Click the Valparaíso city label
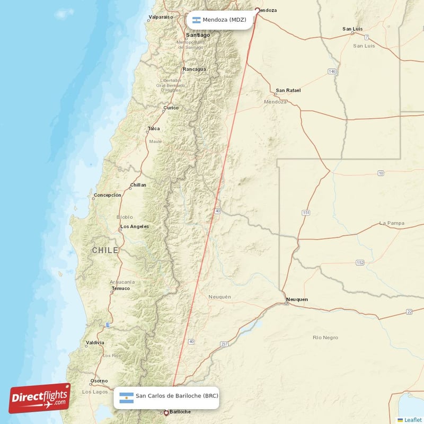click(161, 17)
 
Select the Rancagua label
click(194, 69)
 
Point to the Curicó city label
click(171, 108)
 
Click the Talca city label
click(154, 129)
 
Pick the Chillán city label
click(138, 185)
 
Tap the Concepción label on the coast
click(108, 195)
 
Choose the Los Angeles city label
click(135, 227)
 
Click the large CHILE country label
click(105, 250)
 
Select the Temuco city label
click(120, 288)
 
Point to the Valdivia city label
click(94, 343)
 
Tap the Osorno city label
click(99, 381)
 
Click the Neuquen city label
click(297, 299)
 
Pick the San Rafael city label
click(288, 90)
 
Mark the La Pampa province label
click(392, 223)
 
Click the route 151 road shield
click(306, 213)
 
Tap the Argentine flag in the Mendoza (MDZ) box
click(196, 20)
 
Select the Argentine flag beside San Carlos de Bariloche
click(126, 397)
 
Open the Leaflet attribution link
click(413, 420)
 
